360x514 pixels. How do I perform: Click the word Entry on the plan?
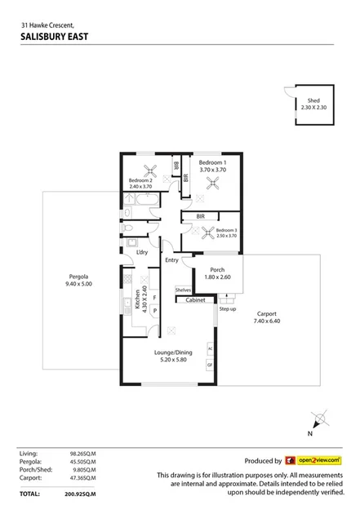(x=171, y=260)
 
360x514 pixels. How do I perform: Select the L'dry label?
(x=142, y=252)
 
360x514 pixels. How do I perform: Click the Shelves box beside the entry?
(x=182, y=290)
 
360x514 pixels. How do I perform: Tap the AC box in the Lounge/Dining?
(x=210, y=348)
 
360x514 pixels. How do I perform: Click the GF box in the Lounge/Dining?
(x=210, y=365)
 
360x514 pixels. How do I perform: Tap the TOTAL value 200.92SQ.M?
(x=79, y=494)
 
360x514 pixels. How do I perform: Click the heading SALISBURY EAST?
(x=55, y=37)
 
